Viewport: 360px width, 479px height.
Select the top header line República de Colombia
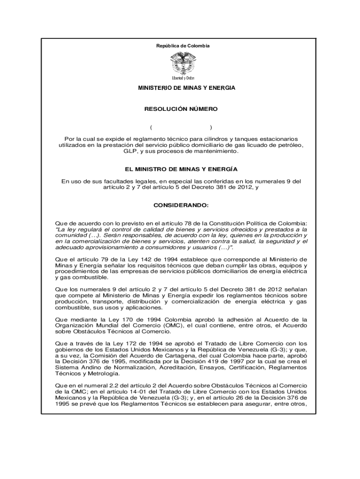[183, 46]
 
